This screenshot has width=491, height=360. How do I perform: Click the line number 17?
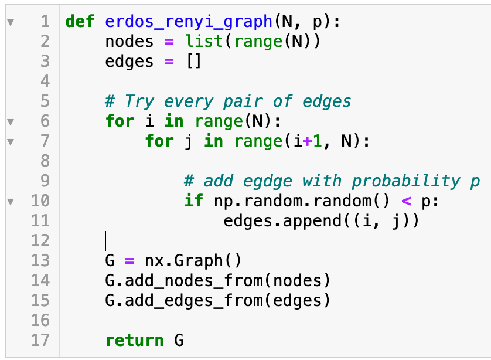[x=40, y=340]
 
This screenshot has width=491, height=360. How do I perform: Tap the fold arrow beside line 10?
[x=9, y=201]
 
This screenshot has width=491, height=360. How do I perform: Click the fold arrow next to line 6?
[x=9, y=122]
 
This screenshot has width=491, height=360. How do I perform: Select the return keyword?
[x=135, y=340]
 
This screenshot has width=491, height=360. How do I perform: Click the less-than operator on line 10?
[x=406, y=201]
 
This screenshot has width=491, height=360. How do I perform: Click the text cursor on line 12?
[x=105, y=241]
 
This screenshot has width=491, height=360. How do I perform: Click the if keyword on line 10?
[x=193, y=201]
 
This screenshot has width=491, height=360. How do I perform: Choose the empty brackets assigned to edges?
[x=193, y=62]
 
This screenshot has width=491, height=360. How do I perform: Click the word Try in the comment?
[x=139, y=101]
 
